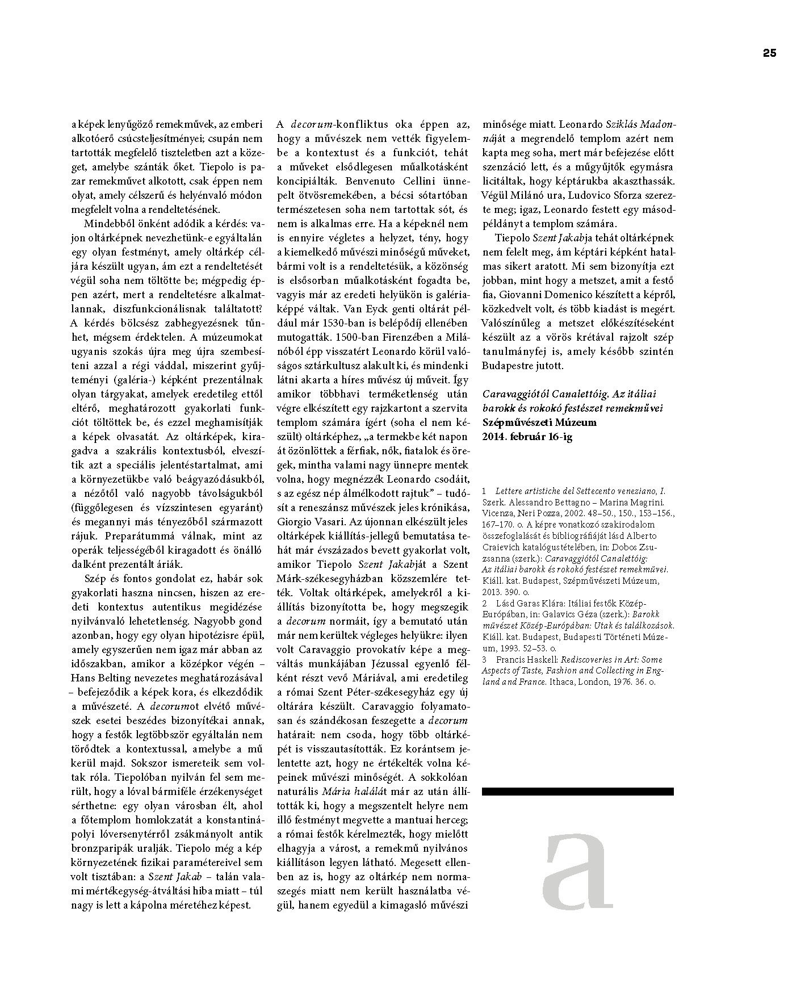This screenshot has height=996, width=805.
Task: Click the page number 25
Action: click(x=769, y=53)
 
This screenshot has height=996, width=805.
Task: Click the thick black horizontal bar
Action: click(x=577, y=791)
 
